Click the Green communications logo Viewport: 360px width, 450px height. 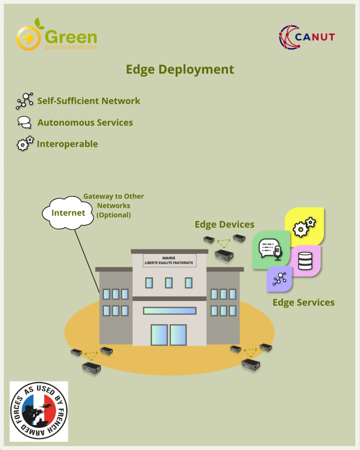57,35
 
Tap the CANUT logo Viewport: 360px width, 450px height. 307,37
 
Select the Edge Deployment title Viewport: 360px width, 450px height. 180,70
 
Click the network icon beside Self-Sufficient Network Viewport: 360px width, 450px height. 25,101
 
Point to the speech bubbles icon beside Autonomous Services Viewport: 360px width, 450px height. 25,122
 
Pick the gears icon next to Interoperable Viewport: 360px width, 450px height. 25,143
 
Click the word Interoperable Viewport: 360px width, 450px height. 67,144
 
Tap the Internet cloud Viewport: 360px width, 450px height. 68,213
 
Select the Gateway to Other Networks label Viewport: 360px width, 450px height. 114,206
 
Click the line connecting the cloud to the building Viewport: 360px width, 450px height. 87,261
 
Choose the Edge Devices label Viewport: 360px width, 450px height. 225,225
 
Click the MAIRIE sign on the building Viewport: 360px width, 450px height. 169,260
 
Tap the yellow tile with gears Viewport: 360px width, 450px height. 305,227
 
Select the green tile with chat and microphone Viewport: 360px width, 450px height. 271,250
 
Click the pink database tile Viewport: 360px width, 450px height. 305,261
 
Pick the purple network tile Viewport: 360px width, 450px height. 279,279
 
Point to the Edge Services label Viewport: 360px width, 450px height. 304,302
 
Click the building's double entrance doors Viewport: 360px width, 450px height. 169,335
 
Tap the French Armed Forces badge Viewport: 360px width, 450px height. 39,411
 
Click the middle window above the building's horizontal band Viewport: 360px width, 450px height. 169,283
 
